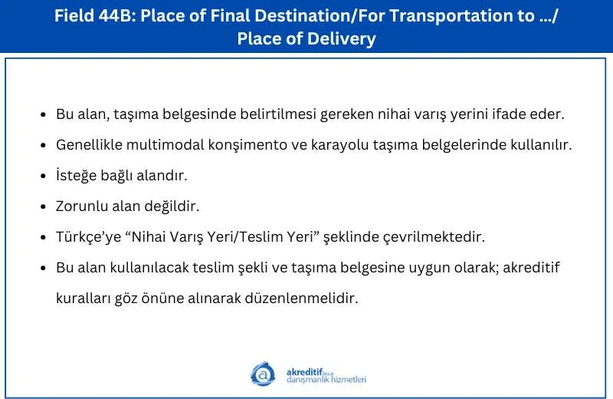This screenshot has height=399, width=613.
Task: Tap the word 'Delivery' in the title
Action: click(x=341, y=39)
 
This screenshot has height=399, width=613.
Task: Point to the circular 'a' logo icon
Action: click(x=262, y=374)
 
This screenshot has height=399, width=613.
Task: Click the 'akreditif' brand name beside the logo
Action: click(x=305, y=371)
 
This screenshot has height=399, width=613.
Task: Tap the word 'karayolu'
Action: click(x=339, y=146)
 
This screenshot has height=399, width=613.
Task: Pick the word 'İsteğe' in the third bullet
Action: click(x=76, y=176)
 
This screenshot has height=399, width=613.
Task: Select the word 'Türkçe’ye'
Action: click(x=88, y=237)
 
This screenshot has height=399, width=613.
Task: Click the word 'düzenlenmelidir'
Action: click(x=301, y=298)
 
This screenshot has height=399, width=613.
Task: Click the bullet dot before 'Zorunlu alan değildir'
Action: click(x=44, y=206)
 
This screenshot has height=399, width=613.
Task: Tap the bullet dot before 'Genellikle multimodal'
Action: click(x=44, y=145)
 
